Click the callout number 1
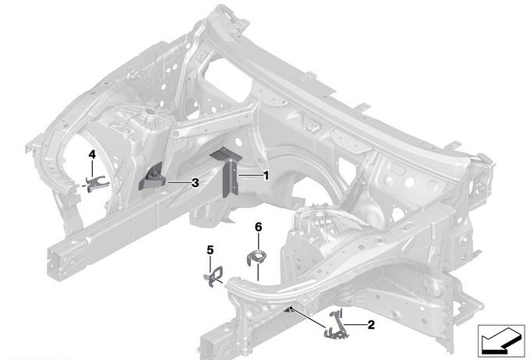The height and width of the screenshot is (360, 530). [x=265, y=176]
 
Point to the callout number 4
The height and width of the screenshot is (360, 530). [x=92, y=155]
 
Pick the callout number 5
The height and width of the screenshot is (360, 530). [x=210, y=249]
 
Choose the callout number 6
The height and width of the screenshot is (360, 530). [x=258, y=227]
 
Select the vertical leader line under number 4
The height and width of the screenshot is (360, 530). [x=92, y=168]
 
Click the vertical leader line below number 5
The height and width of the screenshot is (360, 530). [x=210, y=262]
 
